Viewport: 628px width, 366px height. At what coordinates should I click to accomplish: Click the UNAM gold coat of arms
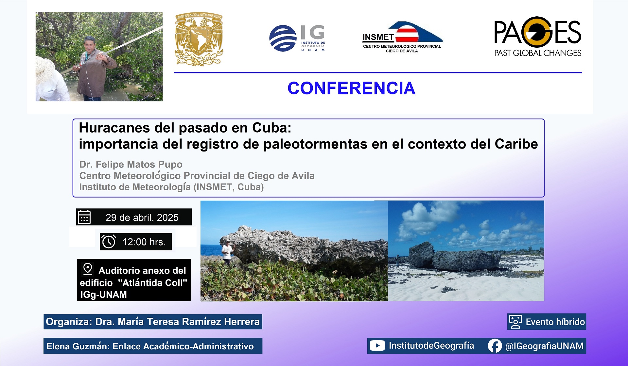(199, 40)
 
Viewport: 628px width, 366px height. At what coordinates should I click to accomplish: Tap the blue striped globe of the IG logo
(283, 38)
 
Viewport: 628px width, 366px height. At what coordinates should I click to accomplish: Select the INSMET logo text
(378, 38)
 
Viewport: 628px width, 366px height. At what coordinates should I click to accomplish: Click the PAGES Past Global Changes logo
(538, 37)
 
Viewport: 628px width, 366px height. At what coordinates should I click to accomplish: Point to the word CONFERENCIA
(351, 88)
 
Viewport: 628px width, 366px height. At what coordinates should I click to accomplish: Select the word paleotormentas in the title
(315, 144)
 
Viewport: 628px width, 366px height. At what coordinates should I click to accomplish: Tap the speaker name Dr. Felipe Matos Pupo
(131, 164)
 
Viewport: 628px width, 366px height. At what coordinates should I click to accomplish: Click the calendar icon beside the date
(84, 217)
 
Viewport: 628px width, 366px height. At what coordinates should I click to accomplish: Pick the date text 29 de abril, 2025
(142, 217)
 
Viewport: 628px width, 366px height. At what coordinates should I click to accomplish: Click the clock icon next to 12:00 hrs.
(109, 242)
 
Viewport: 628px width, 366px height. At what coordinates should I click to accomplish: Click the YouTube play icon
(377, 346)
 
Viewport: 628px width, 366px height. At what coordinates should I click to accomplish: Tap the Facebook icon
(495, 346)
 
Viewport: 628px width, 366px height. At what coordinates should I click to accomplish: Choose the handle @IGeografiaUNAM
(544, 346)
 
